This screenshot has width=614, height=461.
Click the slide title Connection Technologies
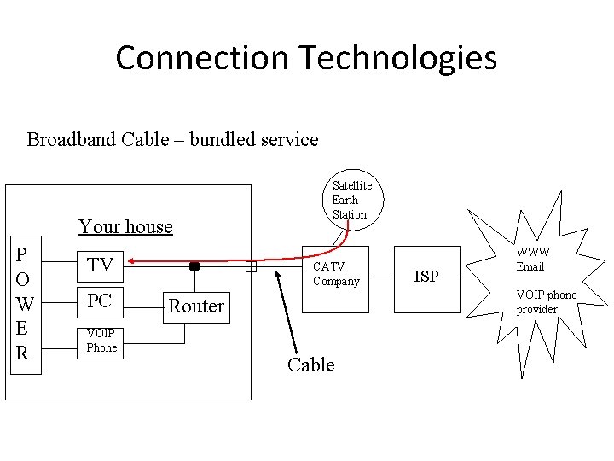[306, 58]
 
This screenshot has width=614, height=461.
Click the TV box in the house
[100, 266]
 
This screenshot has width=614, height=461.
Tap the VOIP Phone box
[101, 341]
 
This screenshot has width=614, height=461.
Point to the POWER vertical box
[24, 304]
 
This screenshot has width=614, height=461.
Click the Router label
[196, 306]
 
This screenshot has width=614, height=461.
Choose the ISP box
[426, 276]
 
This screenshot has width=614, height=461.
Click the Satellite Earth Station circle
[351, 200]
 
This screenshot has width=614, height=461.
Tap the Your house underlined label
[125, 226]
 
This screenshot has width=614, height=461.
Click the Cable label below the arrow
[310, 365]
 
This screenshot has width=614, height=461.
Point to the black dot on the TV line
[194, 266]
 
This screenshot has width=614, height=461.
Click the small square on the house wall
[251, 267]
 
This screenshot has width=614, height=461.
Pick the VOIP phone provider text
[546, 301]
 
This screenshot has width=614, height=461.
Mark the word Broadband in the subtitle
[69, 139]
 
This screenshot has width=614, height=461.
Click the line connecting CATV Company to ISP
[381, 276]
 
